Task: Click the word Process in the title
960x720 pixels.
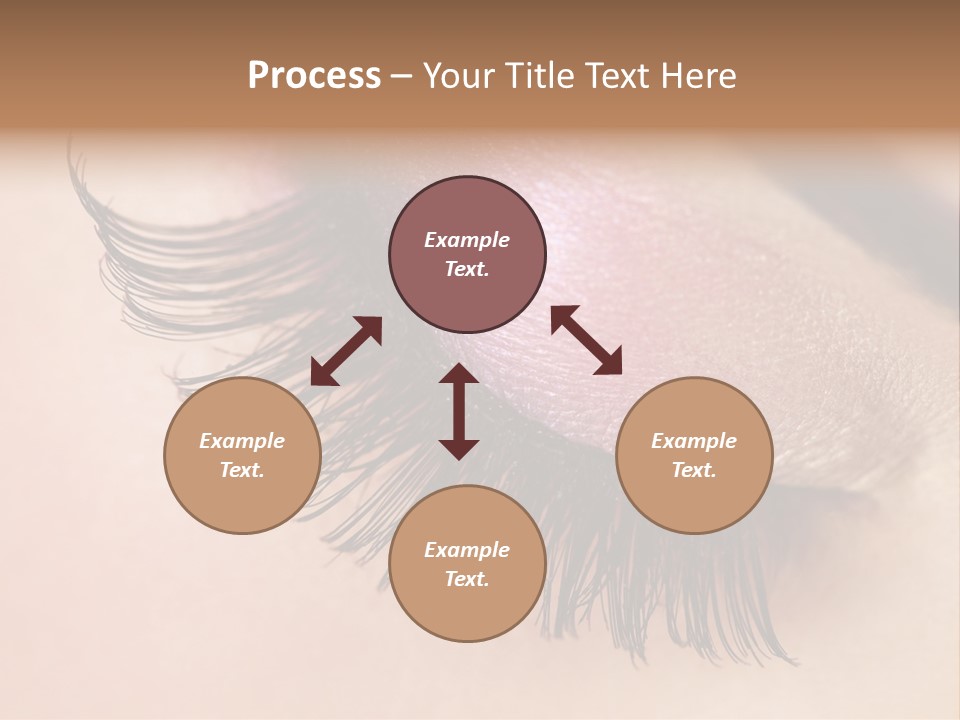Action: (x=314, y=76)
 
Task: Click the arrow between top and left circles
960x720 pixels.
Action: (x=346, y=351)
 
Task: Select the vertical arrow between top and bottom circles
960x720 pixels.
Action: (x=459, y=411)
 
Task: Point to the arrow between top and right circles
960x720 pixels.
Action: (x=586, y=340)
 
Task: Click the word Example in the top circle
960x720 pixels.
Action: (x=467, y=240)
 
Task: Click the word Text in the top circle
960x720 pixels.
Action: (x=467, y=269)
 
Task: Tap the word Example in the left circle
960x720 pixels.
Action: (x=242, y=441)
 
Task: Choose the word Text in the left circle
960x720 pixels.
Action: (x=242, y=470)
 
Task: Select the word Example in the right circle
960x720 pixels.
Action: (x=694, y=441)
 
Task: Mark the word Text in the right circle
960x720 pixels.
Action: (x=694, y=470)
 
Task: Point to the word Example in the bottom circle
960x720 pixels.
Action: (x=467, y=550)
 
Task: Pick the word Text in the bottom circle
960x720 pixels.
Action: (x=467, y=579)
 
